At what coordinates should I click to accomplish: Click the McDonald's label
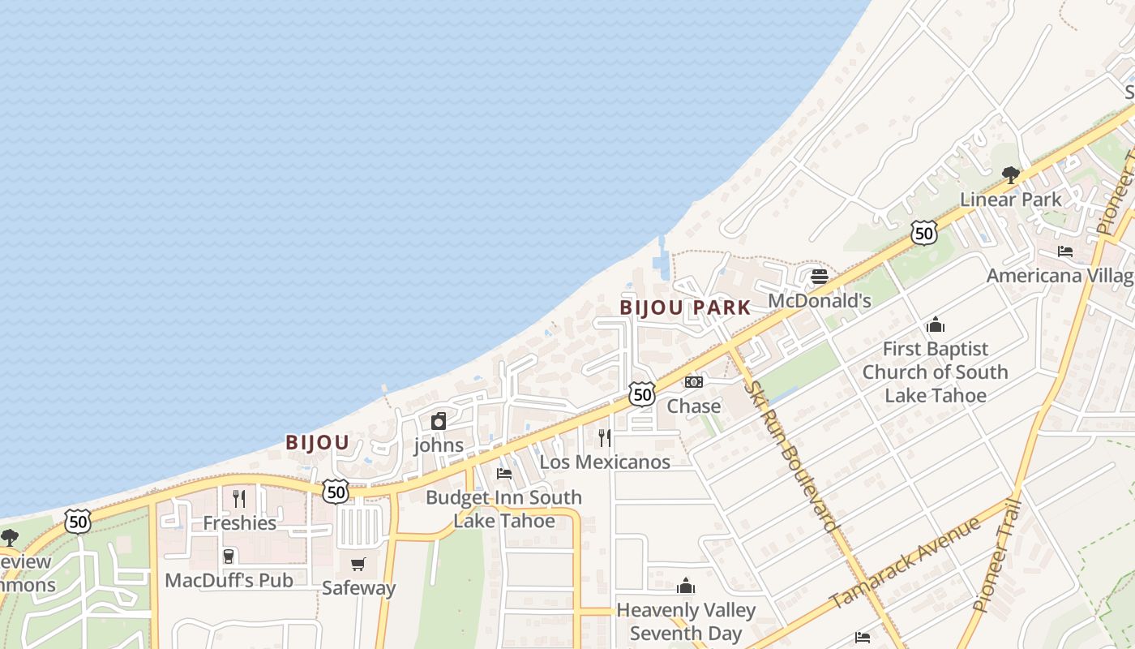[x=819, y=301]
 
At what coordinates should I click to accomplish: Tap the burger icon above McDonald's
[x=819, y=277]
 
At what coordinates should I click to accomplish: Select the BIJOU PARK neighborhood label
[x=685, y=308]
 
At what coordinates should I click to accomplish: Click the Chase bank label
[x=694, y=406]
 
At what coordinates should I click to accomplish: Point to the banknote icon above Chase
[x=694, y=381]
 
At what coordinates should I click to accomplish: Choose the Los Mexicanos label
[x=605, y=462]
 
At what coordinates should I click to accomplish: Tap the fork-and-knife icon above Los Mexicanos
[x=605, y=438]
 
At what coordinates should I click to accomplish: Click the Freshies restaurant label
[x=239, y=523]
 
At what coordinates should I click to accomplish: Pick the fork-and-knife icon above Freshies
[x=239, y=498]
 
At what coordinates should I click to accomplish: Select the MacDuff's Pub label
[x=229, y=581]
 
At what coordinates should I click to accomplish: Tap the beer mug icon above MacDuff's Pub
[x=229, y=557]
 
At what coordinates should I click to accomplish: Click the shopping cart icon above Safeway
[x=358, y=564]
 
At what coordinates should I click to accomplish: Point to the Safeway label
[x=358, y=588]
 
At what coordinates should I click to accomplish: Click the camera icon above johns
[x=439, y=421]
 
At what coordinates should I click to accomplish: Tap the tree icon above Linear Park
[x=1010, y=174]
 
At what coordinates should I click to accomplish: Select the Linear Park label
[x=1010, y=200]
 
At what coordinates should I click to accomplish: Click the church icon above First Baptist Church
[x=936, y=325]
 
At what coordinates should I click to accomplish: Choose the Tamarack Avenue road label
[x=905, y=562]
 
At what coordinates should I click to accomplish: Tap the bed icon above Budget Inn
[x=504, y=474]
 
